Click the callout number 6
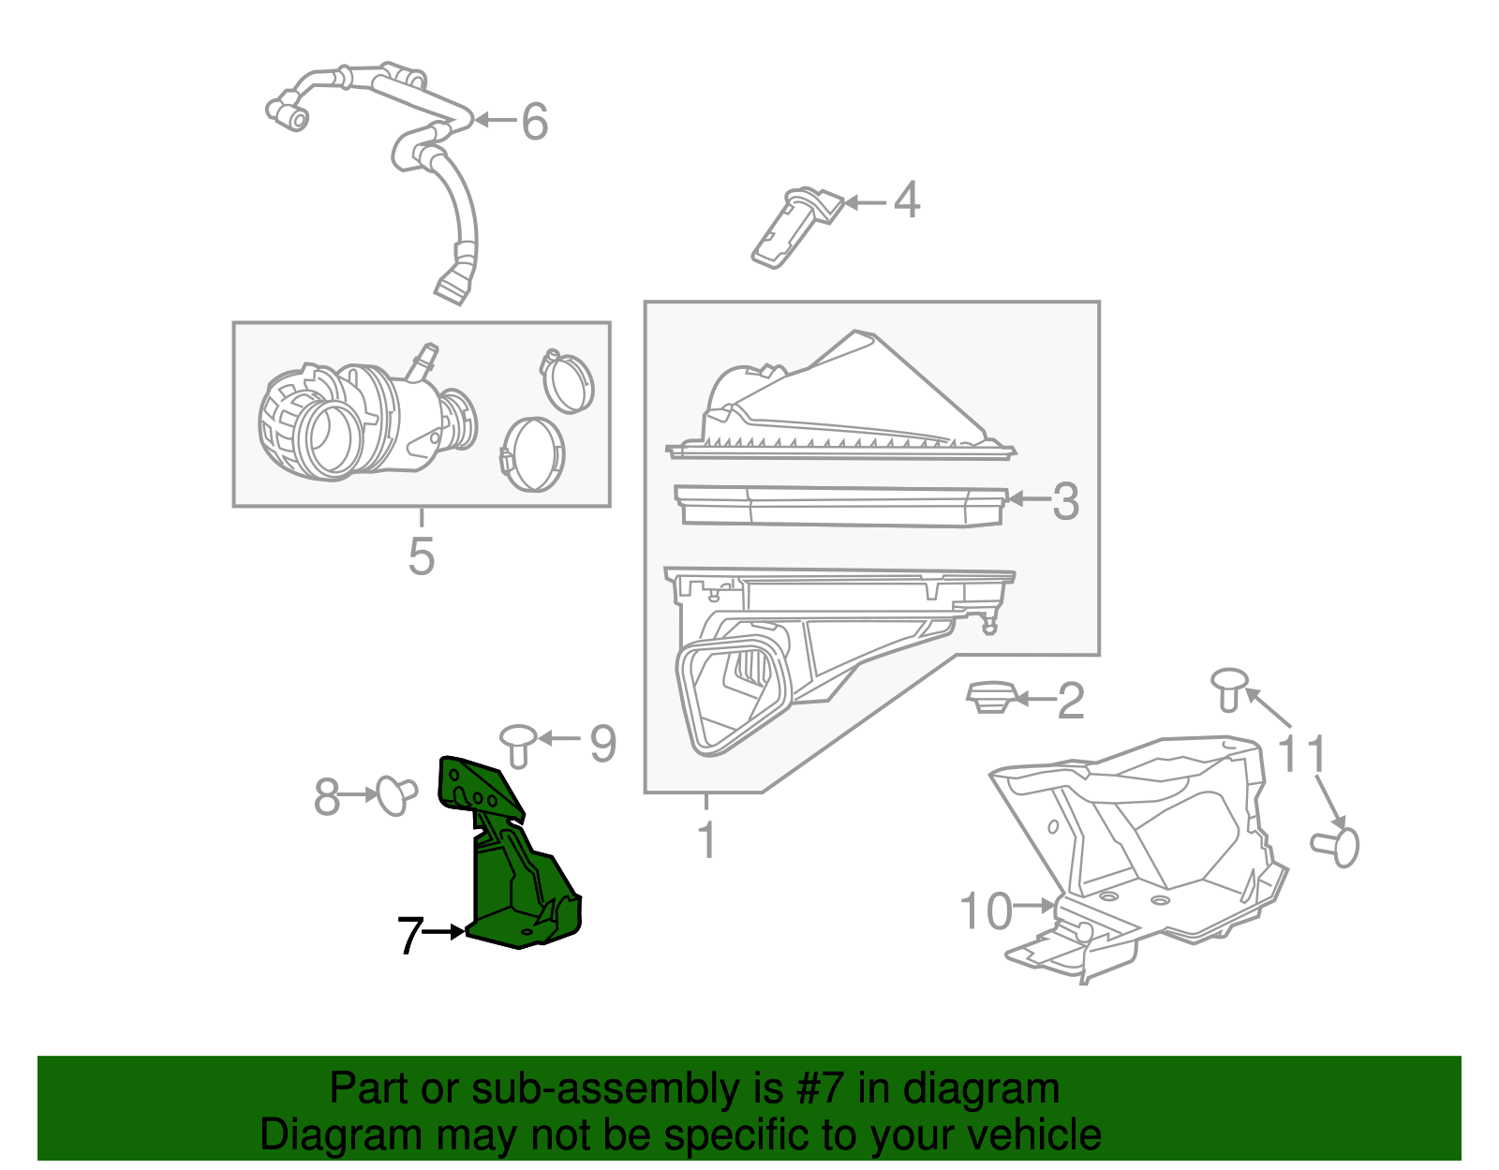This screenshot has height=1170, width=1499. (534, 122)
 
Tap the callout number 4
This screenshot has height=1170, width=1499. (906, 200)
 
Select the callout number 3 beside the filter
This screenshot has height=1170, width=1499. (1065, 501)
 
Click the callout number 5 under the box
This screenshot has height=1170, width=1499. (422, 555)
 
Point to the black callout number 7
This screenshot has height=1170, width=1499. (409, 934)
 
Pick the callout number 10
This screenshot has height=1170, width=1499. (987, 911)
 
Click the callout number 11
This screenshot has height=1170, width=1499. (1302, 753)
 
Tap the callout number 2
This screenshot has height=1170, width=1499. (1070, 701)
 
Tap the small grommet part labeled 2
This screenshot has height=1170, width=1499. (988, 697)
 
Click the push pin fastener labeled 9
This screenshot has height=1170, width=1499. (518, 744)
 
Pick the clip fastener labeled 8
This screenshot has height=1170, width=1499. (393, 794)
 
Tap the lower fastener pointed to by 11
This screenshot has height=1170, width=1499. (1338, 846)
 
